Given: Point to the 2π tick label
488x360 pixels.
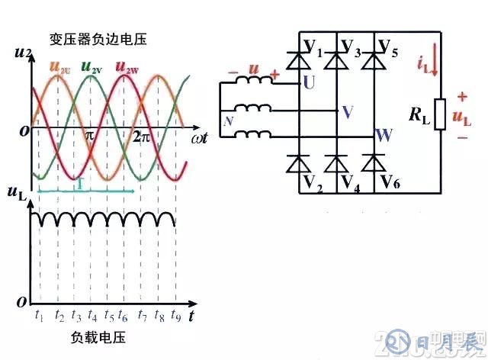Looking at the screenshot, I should (141, 137).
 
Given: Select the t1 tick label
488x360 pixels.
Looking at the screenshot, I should (39, 314).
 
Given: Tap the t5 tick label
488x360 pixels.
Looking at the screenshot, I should (109, 314).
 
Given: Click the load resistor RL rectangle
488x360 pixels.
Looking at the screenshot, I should (438, 114).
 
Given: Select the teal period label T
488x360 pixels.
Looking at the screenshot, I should (79, 185).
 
